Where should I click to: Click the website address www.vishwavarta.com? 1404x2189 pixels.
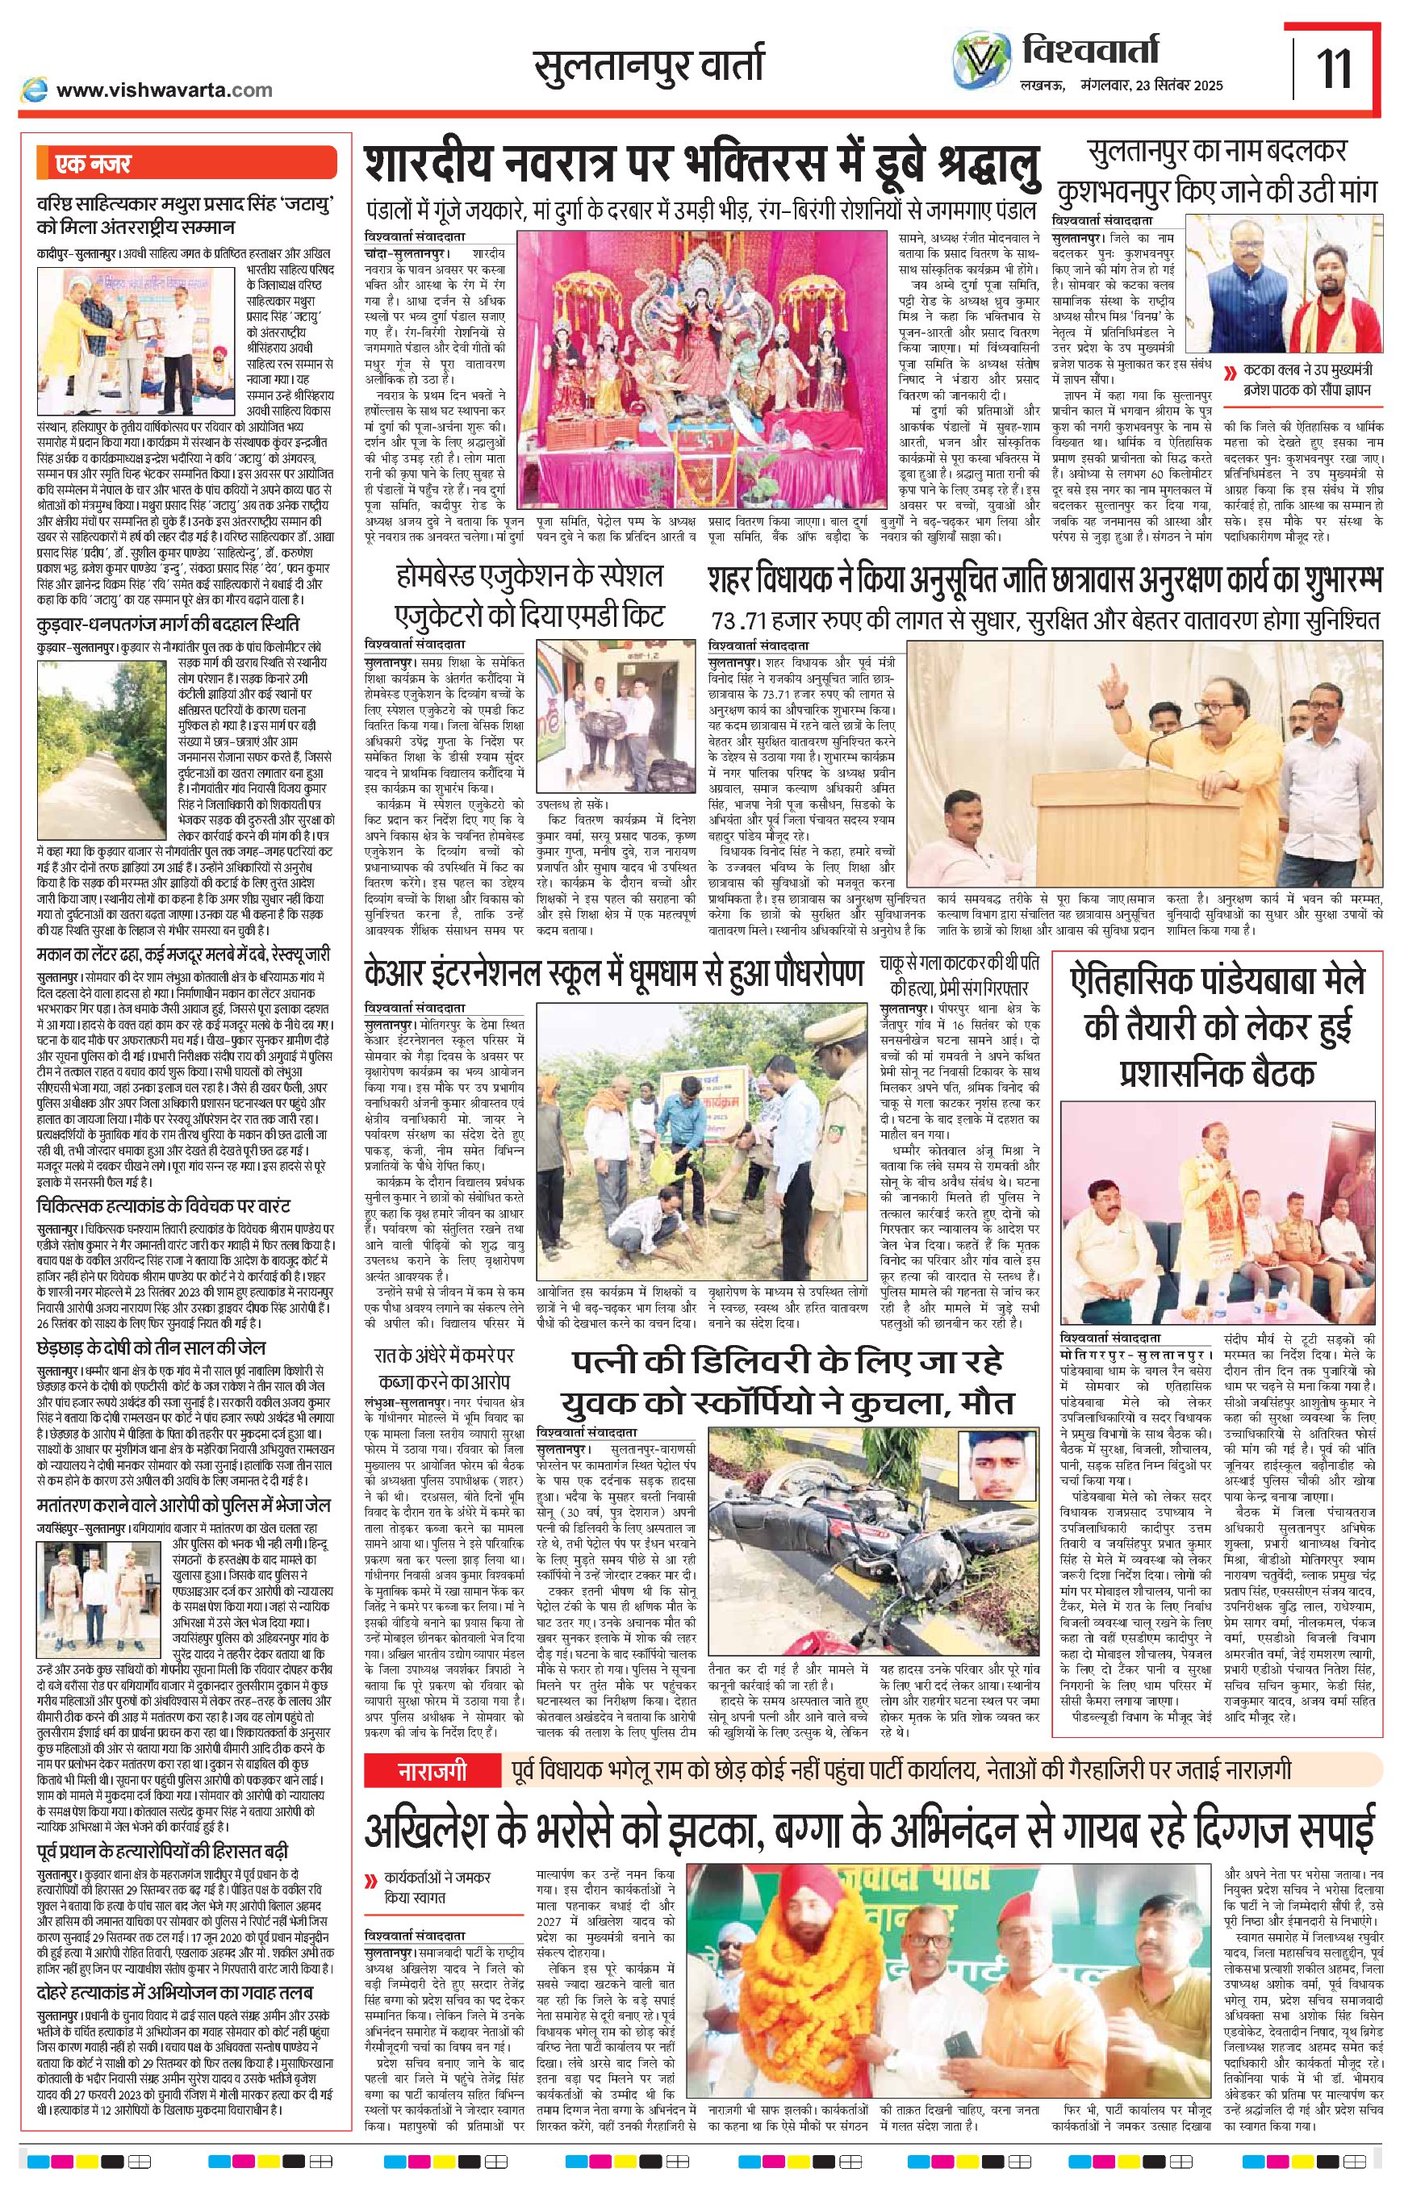[163, 90]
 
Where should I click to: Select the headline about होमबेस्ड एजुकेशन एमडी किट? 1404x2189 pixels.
[532, 595]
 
